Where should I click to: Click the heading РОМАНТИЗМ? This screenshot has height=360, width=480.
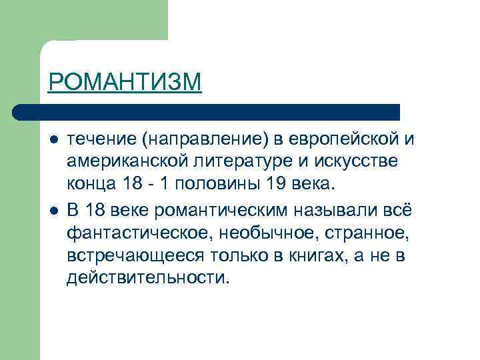[x=124, y=83]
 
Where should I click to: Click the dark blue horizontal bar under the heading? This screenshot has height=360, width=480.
[x=207, y=111]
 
